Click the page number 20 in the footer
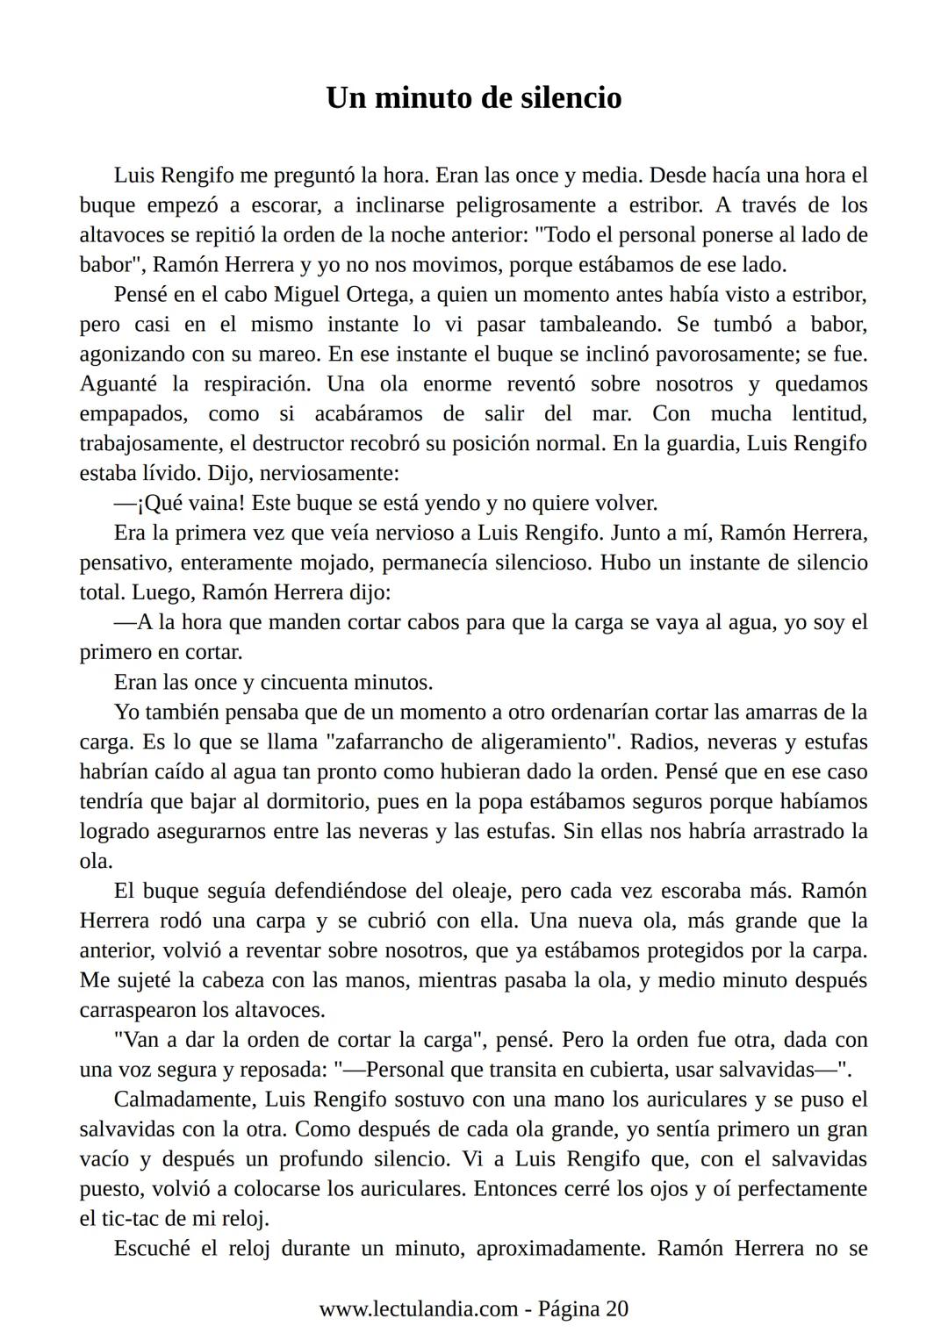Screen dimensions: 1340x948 pos(617,1308)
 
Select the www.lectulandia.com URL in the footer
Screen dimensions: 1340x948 pos(418,1308)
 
